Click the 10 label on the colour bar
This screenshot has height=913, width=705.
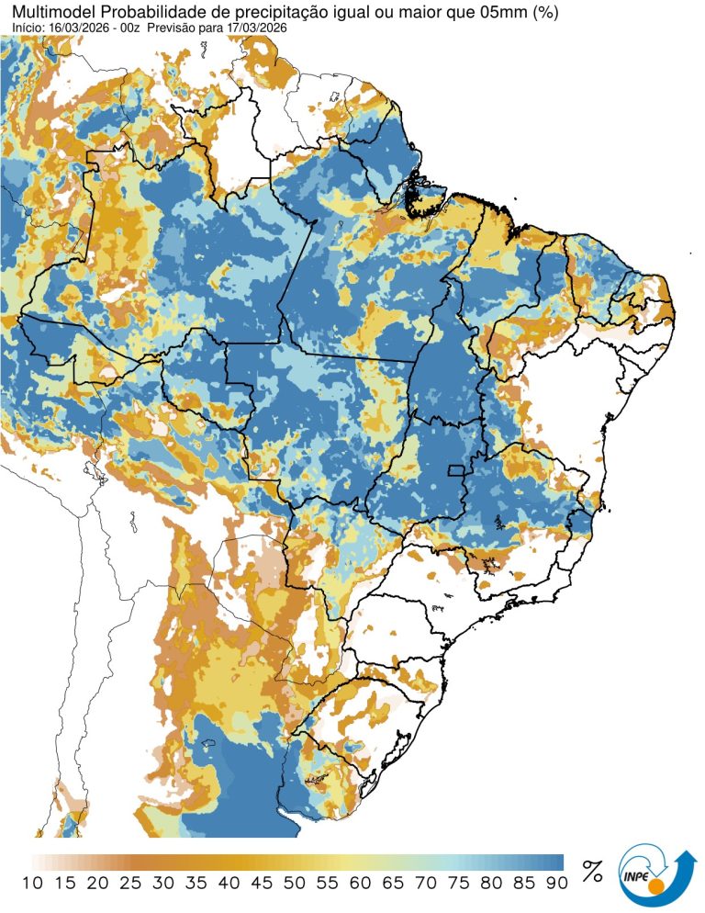(x=32, y=883)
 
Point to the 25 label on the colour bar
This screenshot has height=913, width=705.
(x=130, y=883)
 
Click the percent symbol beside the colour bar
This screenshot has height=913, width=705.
(x=592, y=871)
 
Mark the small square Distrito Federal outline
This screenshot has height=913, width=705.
(x=453, y=470)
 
